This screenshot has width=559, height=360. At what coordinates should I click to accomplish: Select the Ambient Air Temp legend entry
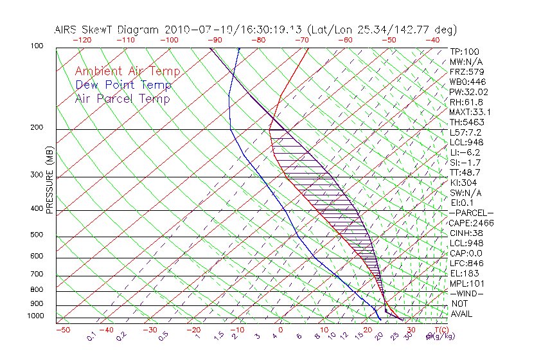tap(127, 72)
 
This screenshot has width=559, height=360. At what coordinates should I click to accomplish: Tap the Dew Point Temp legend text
tap(123, 85)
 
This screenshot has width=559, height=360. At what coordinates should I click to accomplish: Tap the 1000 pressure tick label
tap(37, 316)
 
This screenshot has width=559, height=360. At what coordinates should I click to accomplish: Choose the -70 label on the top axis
tap(301, 40)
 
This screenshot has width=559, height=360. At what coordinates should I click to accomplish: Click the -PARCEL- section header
tap(471, 213)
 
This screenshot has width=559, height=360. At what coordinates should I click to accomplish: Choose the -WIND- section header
tap(467, 293)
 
